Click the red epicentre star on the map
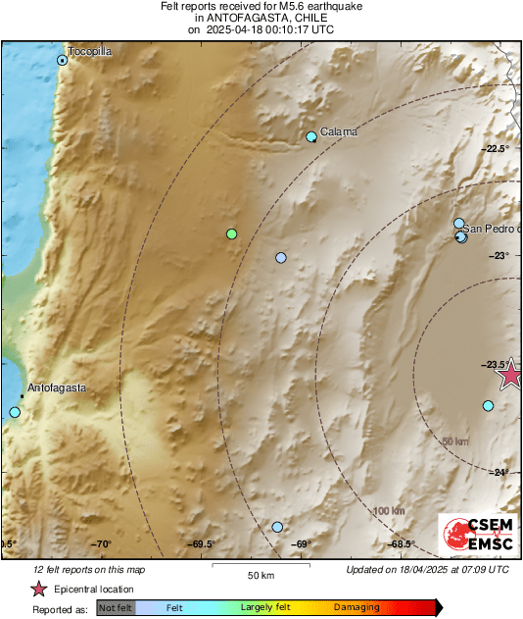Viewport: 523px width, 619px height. (x=510, y=375)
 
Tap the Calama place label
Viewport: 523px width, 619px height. (x=339, y=131)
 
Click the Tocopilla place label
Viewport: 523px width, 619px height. (x=91, y=50)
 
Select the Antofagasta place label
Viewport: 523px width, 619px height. (x=57, y=387)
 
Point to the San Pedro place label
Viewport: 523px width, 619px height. (x=492, y=229)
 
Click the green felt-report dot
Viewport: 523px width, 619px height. (x=232, y=233)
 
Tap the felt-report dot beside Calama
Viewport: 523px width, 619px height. (x=311, y=137)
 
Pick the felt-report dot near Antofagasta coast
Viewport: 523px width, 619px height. (x=15, y=413)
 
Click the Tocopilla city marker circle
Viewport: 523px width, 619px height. (x=63, y=60)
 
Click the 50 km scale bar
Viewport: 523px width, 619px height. (x=260, y=566)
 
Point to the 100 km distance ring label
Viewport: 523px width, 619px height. (x=389, y=511)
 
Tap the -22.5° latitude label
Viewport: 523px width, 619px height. (x=497, y=148)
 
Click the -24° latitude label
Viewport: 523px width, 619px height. (x=499, y=472)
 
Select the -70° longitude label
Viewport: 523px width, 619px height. (x=102, y=544)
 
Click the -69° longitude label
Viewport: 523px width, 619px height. (x=302, y=544)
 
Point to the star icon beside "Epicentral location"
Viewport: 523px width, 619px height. (x=38, y=590)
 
